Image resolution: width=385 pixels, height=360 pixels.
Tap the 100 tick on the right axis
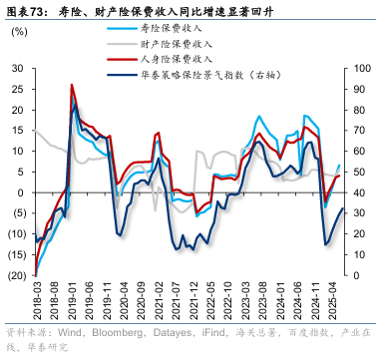pos(360,69)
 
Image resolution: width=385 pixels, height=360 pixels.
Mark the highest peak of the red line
pos(72,85)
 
